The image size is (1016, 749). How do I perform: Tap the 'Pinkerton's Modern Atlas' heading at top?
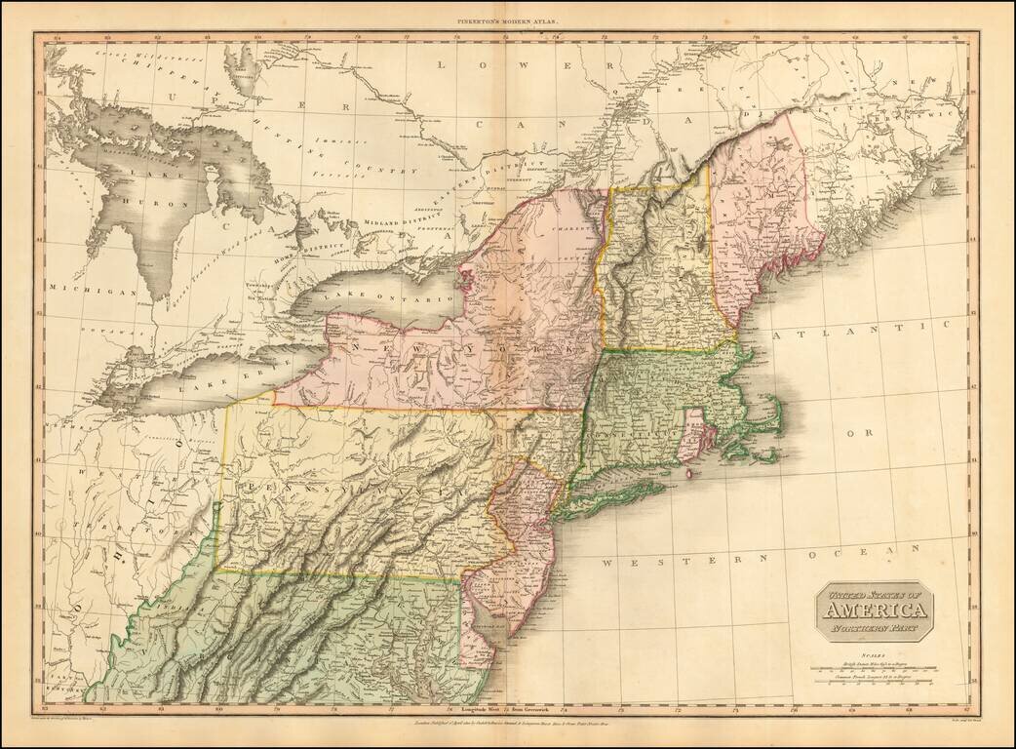coord(507,20)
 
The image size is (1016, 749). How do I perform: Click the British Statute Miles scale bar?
coord(874,671)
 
